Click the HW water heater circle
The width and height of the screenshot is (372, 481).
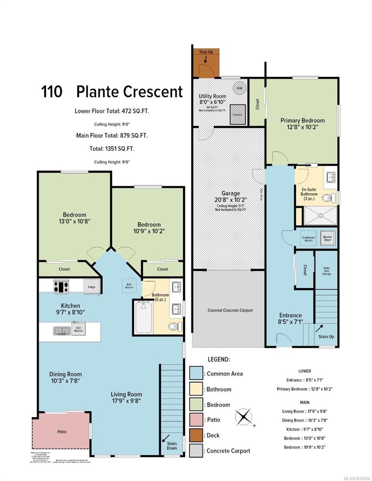tap(239, 88)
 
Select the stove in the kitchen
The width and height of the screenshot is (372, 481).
tap(61, 286)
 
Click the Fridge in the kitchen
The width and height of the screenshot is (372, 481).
tap(91, 287)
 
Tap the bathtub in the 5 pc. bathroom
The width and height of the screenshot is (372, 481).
tap(143, 317)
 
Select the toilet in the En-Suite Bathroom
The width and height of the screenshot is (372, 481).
tap(329, 197)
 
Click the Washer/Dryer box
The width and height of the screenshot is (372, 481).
tap(327, 239)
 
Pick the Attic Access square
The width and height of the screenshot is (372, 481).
tap(129, 287)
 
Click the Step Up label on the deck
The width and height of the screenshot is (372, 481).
tap(206, 52)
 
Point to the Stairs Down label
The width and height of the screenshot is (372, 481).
tap(172, 446)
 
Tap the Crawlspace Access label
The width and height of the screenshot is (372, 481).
tap(308, 239)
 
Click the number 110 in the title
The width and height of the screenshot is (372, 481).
tap(52, 92)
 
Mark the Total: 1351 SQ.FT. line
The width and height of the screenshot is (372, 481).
tap(112, 149)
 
